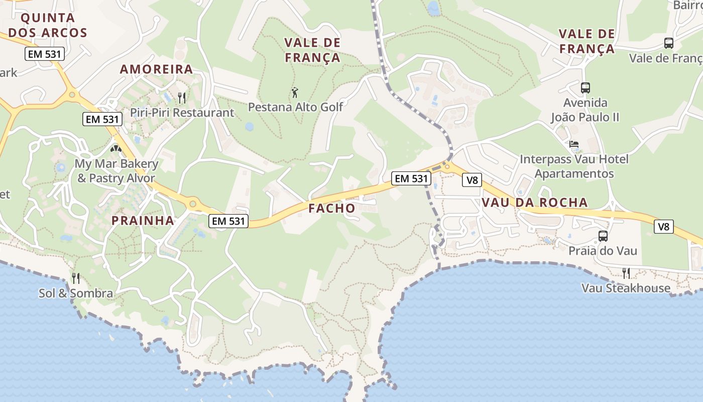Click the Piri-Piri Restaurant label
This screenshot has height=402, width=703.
pos(182,113)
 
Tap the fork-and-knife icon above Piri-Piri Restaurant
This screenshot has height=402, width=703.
pos(182,97)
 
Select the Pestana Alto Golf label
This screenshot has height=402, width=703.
pos(296,107)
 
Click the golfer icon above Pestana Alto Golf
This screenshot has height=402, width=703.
pos(295,92)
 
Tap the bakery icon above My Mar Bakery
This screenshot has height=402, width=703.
pos(116,149)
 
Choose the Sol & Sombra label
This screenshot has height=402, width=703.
pos(76,293)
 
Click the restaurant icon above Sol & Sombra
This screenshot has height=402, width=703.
pos(76,278)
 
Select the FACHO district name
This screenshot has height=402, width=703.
pos(331,208)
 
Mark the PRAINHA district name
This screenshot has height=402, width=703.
pos(143,220)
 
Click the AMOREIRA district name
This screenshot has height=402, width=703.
pos(156,69)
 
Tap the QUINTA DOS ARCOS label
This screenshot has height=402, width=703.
pos(48,26)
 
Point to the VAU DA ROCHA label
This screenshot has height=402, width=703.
pos(534,203)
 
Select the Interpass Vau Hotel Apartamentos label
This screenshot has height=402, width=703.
pos(574,166)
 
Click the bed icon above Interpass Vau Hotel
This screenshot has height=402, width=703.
pos(574,144)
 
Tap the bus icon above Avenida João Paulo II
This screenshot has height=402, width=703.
pos(585,88)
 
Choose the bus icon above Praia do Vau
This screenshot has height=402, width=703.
pos(603,236)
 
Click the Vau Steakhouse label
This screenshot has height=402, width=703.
pos(626,288)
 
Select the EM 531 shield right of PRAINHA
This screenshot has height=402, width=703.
pos(228,221)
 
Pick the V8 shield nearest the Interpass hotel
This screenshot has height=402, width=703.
pos(472,180)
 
